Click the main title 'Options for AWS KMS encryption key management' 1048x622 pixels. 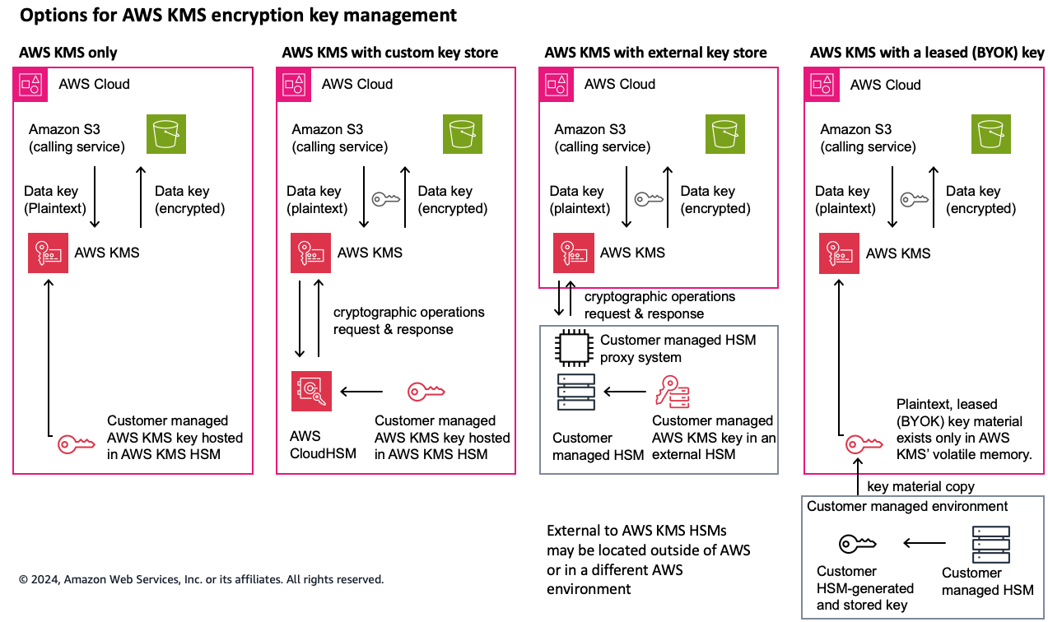pyautogui.click(x=238, y=16)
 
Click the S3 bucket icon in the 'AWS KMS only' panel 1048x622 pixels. pyautogui.click(x=167, y=134)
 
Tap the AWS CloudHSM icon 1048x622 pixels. pyautogui.click(x=311, y=391)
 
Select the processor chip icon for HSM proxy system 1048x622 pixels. pyautogui.click(x=574, y=348)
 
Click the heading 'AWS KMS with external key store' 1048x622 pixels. pyautogui.click(x=655, y=53)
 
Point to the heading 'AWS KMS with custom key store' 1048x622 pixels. pyautogui.click(x=389, y=53)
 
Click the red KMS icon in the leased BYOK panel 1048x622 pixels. pyautogui.click(x=839, y=253)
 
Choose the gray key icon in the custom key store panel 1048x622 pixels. pyautogui.click(x=385, y=199)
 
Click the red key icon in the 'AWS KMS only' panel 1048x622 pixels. pyautogui.click(x=76, y=445)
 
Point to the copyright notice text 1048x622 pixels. pyautogui.click(x=201, y=579)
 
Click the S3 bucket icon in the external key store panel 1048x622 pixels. pyautogui.click(x=725, y=134)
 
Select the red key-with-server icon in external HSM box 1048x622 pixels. pyautogui.click(x=672, y=391)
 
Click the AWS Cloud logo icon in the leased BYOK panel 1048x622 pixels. pyautogui.click(x=823, y=84)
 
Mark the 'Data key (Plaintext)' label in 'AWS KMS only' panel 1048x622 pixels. pyautogui.click(x=55, y=200)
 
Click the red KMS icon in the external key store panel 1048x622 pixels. pyautogui.click(x=574, y=253)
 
